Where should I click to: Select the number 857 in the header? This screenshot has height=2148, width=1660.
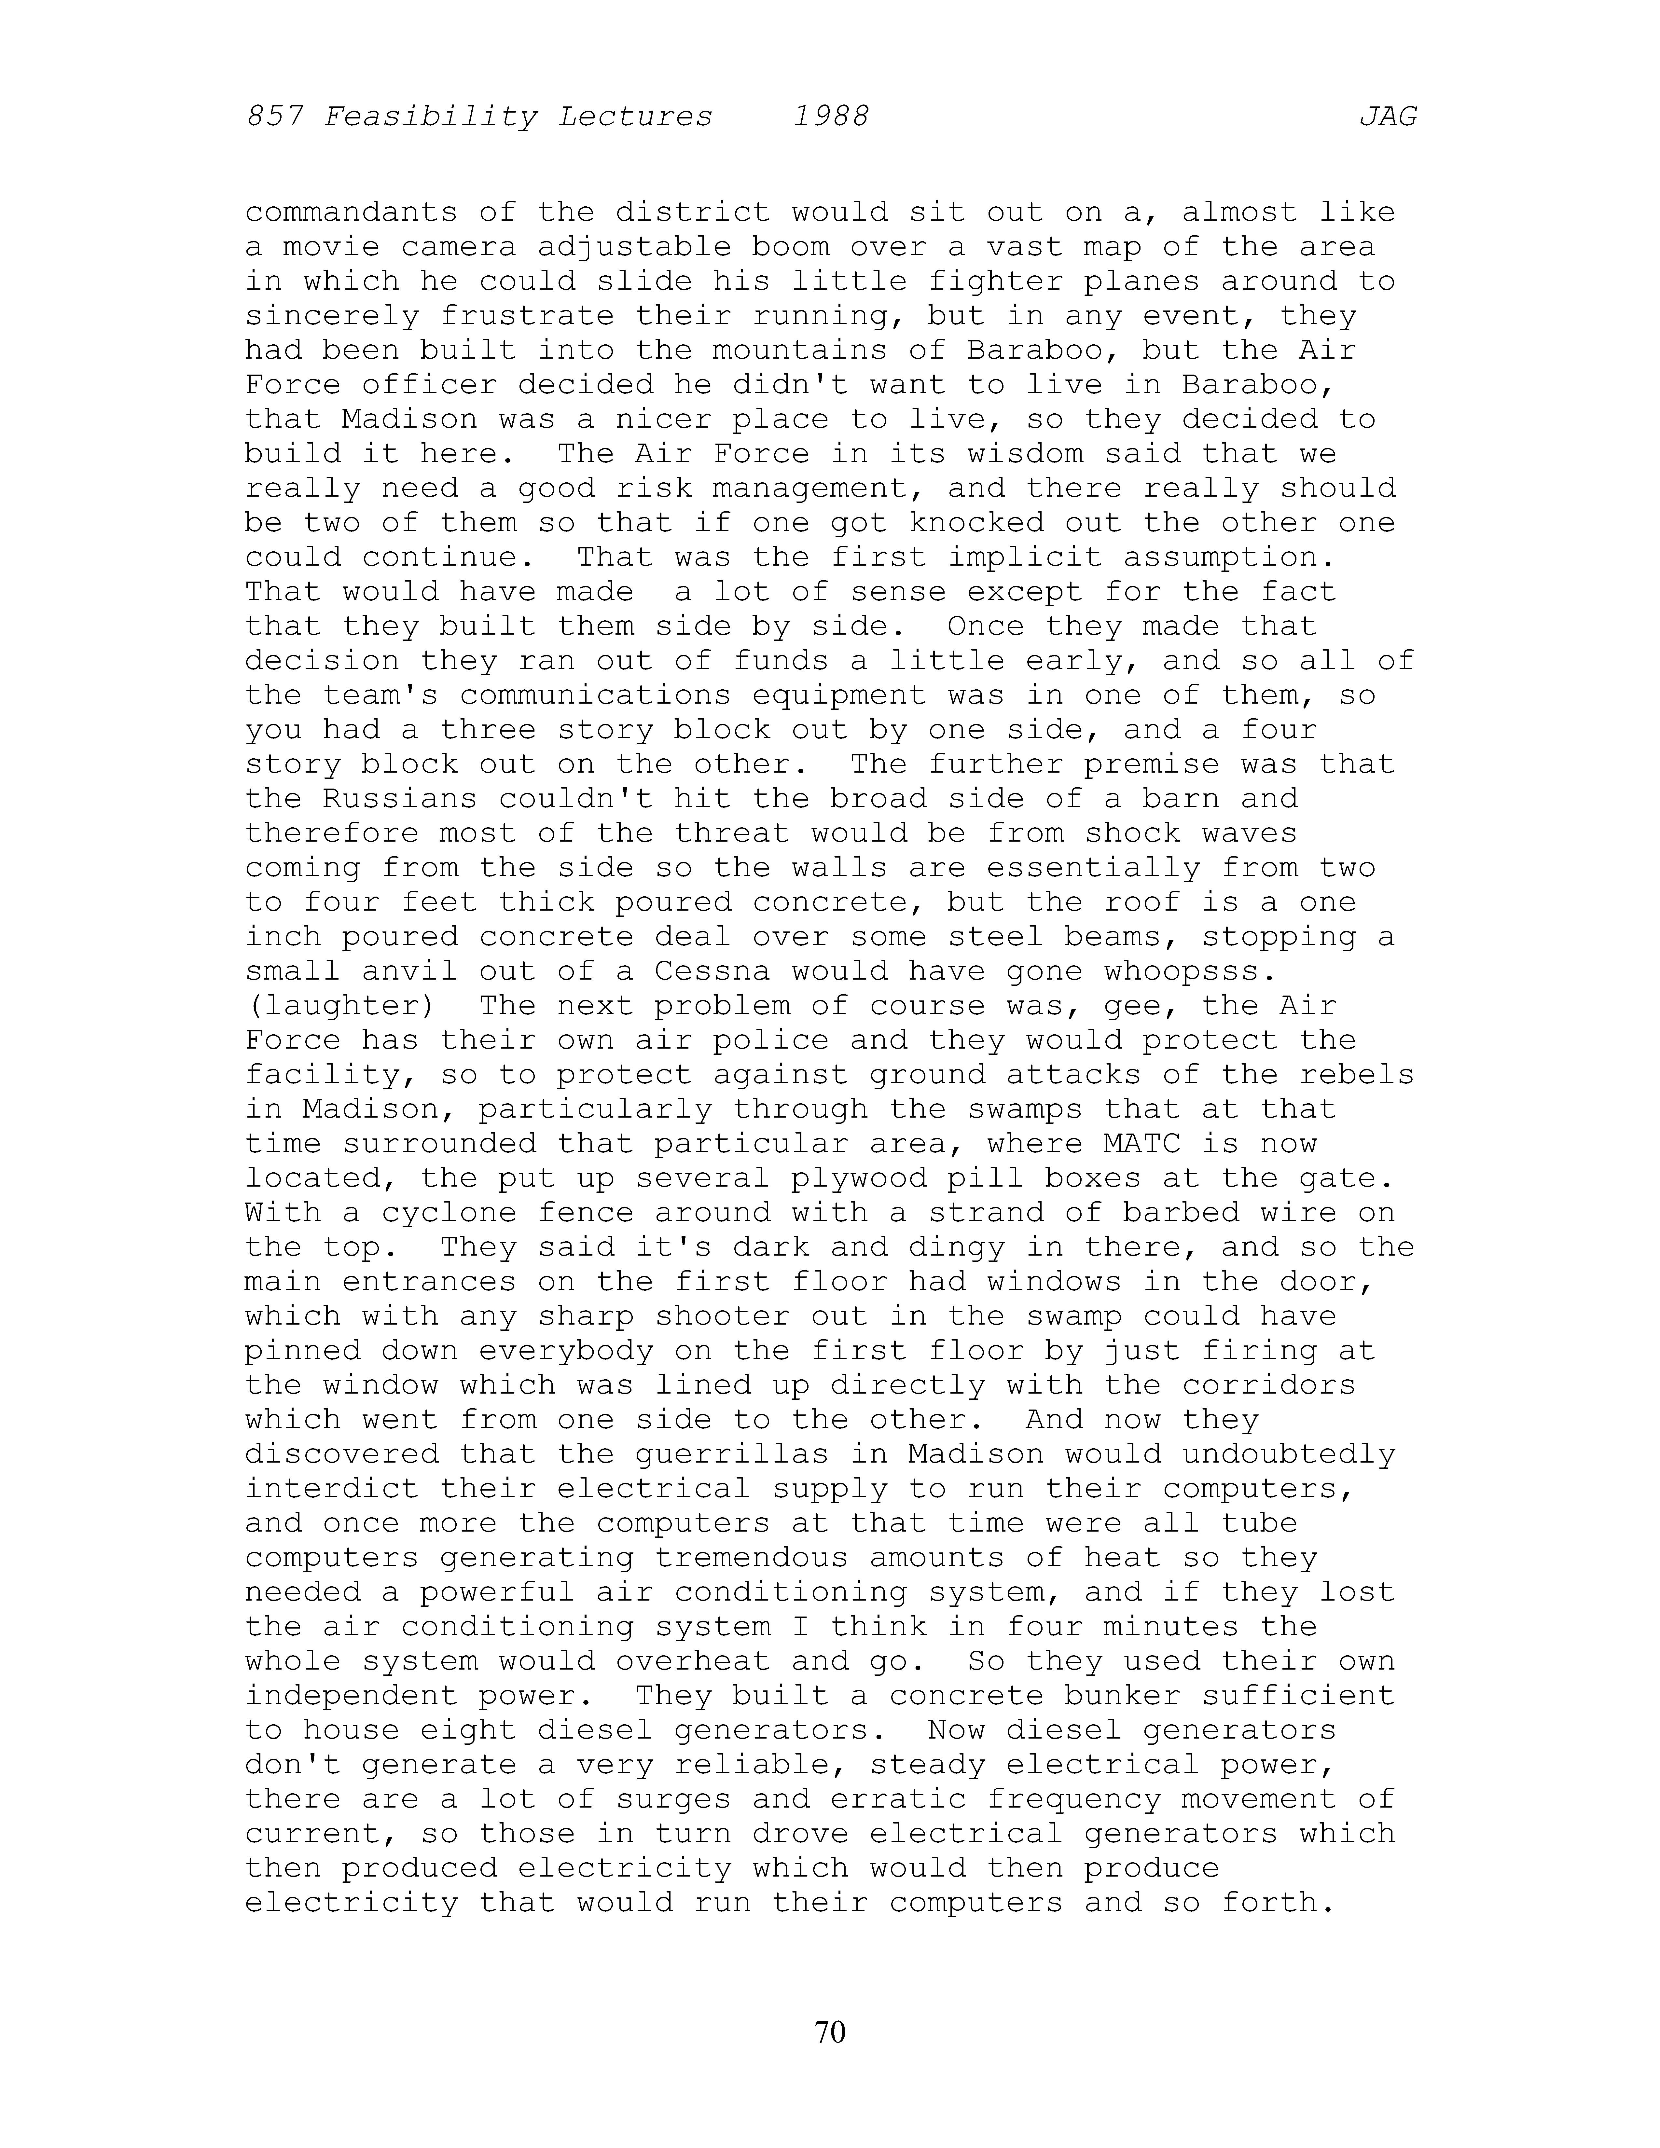[x=273, y=117]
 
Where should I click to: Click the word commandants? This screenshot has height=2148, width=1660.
[x=351, y=213]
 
